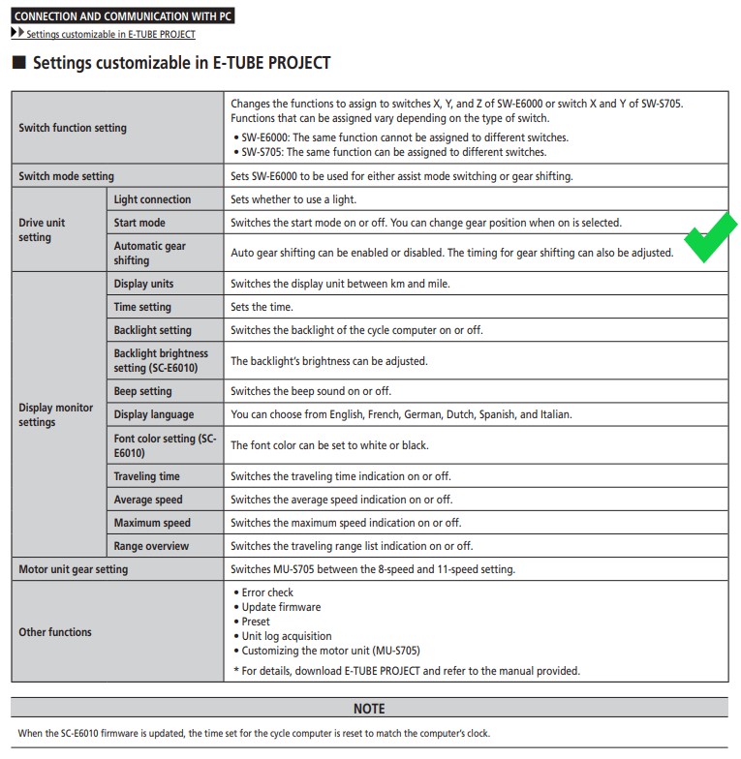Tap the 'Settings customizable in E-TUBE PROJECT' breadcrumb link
point(110,35)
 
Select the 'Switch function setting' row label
point(73,128)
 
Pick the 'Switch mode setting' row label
point(66,176)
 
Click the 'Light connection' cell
point(152,199)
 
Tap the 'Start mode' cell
point(139,223)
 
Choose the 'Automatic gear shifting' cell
point(150,253)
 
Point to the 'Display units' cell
point(143,284)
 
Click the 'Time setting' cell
point(142,307)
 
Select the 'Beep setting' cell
point(142,391)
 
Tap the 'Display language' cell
point(154,414)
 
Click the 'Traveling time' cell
point(146,476)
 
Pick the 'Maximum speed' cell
point(152,523)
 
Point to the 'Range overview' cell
point(151,546)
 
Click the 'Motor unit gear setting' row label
point(73,569)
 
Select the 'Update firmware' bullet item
point(281,607)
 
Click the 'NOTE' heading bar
point(369,709)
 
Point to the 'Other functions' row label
point(55,632)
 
